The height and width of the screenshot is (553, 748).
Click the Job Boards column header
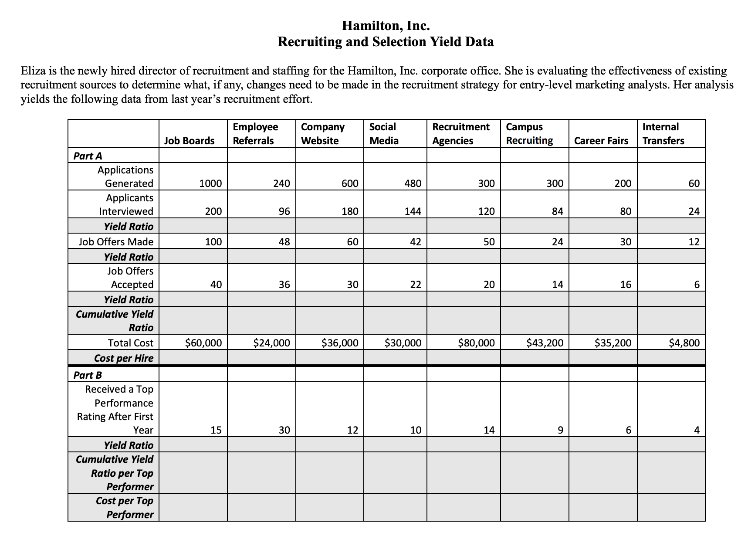[x=189, y=140]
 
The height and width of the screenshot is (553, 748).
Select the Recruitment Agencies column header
[x=460, y=133]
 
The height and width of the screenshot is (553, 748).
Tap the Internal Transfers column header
[x=663, y=133]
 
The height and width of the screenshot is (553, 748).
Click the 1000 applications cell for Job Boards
[x=210, y=183]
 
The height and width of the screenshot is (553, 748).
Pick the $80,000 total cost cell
[x=476, y=343]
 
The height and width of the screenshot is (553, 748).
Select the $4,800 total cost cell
[x=684, y=343]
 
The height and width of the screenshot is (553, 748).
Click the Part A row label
[x=88, y=156]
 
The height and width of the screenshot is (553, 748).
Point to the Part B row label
[x=88, y=375]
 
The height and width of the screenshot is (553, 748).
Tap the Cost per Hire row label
[x=124, y=358]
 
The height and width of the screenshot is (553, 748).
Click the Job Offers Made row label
[x=116, y=242]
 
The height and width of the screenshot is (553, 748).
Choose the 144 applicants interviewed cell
[x=413, y=211]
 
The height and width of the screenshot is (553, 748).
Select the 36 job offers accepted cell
[x=284, y=285]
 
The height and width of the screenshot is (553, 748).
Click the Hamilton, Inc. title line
[x=386, y=26]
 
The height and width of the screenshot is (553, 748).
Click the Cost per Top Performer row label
[x=125, y=507]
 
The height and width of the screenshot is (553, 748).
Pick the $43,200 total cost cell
[x=545, y=343]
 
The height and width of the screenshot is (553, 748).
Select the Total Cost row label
[x=130, y=343]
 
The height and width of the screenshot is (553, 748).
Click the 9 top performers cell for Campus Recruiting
[x=560, y=431]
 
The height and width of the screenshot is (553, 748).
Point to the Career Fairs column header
[x=601, y=140]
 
